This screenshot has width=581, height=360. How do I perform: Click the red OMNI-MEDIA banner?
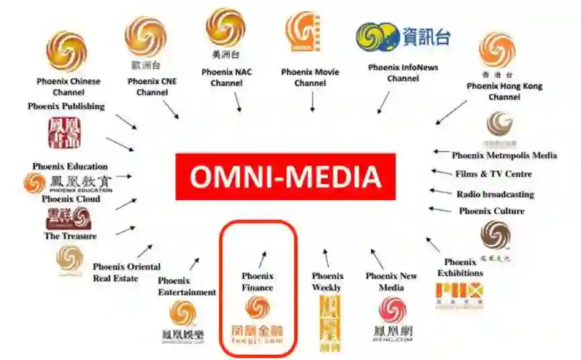click(285, 177)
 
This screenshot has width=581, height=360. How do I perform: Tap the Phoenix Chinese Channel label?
click(68, 87)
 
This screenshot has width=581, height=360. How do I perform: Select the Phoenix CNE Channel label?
click(152, 87)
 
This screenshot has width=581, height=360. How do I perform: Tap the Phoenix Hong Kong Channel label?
click(504, 91)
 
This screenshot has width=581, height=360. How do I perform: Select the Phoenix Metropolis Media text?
click(504, 155)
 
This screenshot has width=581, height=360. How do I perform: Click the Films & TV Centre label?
click(493, 174)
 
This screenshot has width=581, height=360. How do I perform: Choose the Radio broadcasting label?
click(495, 194)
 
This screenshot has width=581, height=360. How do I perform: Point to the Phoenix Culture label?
click(491, 211)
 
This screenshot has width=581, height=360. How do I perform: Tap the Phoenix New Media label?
click(392, 281)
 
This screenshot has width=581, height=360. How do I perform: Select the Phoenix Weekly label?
click(327, 281)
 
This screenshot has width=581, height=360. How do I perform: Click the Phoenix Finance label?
click(257, 281)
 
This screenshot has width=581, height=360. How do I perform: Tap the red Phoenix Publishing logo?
click(64, 132)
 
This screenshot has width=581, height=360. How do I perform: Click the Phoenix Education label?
click(70, 166)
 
